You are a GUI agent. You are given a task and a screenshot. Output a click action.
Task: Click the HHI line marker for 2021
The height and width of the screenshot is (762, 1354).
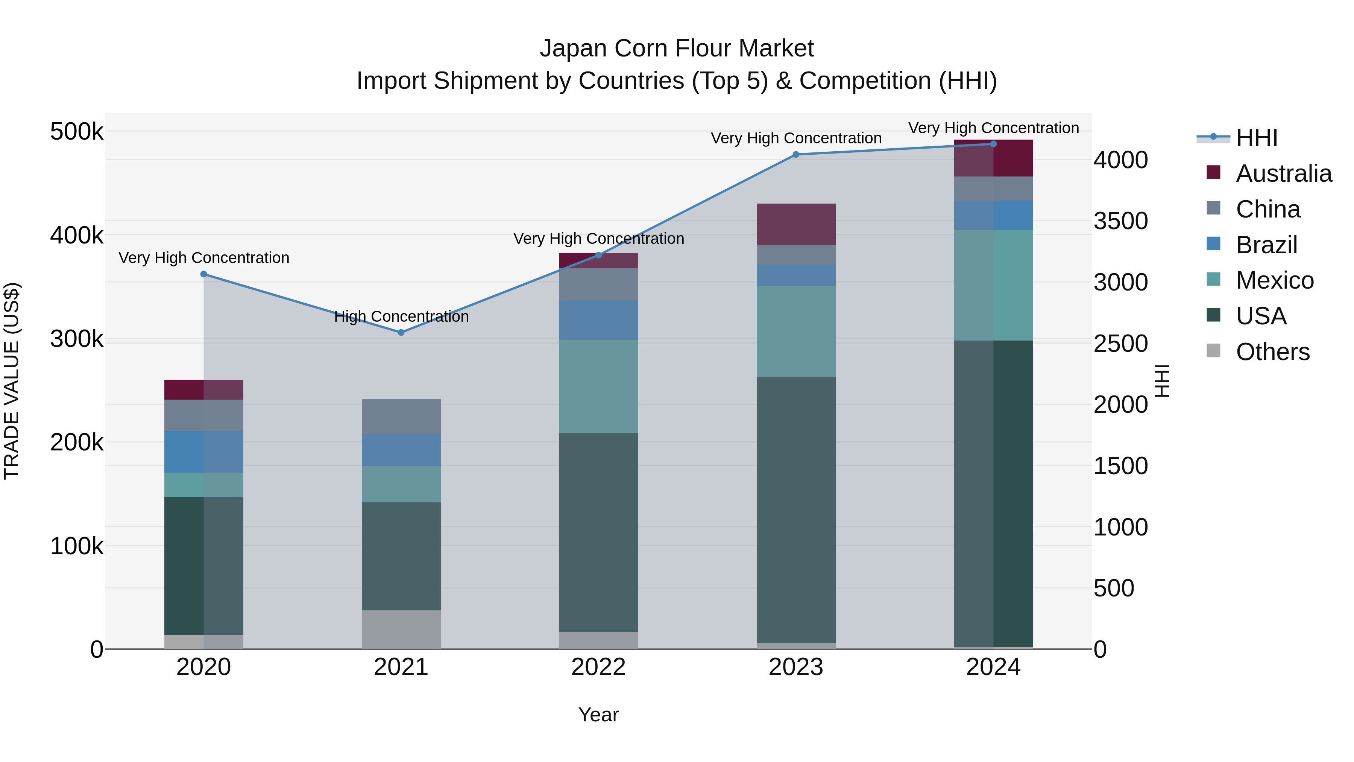(401, 332)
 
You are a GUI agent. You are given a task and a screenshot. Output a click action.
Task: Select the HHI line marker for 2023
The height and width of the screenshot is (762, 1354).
(796, 155)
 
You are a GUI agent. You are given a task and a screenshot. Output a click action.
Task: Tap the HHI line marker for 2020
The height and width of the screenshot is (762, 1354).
(204, 274)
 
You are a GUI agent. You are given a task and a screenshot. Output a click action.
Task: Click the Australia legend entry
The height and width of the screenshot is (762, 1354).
(1283, 173)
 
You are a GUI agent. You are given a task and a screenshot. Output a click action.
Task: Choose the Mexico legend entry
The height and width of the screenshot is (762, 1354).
(1274, 280)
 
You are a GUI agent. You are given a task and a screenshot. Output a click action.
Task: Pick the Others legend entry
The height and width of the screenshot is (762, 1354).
(1272, 352)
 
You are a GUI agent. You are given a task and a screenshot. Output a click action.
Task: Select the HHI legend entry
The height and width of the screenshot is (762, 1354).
(1256, 138)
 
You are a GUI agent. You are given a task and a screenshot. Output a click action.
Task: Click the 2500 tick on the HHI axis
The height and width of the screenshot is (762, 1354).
(1121, 344)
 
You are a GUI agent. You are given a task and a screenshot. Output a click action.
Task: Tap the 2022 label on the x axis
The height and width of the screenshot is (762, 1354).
(598, 667)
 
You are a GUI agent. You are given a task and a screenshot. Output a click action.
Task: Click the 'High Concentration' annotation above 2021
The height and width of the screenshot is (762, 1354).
(401, 316)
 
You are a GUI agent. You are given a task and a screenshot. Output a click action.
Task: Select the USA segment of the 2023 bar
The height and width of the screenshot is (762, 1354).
(796, 509)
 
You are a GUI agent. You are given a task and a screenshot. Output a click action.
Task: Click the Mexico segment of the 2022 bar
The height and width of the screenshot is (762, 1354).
(598, 386)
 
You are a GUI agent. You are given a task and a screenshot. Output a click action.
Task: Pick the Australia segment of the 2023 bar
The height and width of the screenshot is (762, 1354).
(796, 224)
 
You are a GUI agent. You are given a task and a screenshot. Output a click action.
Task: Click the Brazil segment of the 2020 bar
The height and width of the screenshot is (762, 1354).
(204, 451)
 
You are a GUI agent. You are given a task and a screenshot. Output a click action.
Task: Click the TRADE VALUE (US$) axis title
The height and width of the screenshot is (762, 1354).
(12, 381)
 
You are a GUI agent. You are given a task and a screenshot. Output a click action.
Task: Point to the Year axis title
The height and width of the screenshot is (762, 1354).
(598, 715)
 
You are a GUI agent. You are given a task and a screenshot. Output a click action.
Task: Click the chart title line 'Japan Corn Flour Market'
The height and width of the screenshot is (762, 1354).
(677, 49)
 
